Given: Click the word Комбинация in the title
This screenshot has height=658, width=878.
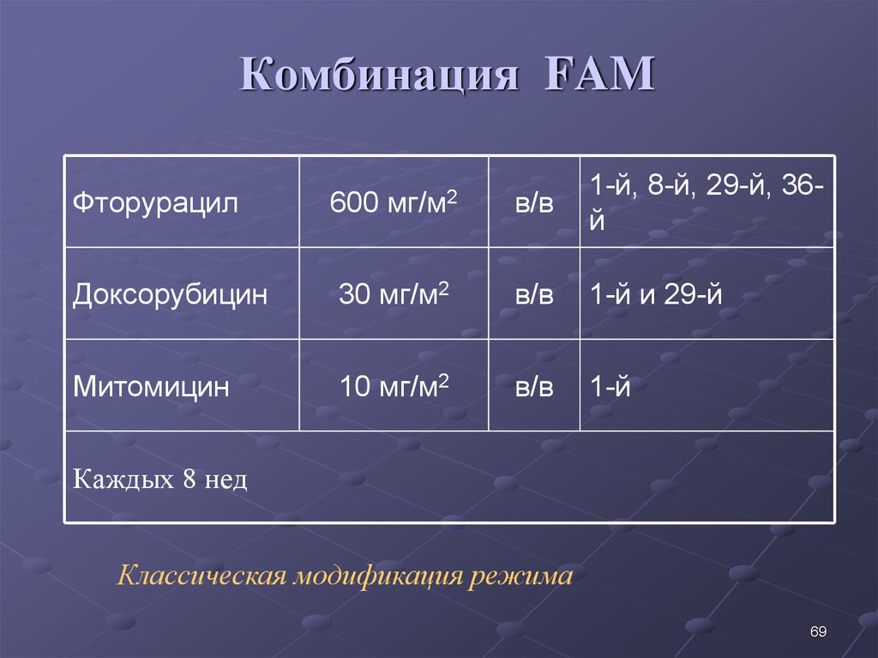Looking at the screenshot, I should (x=379, y=75).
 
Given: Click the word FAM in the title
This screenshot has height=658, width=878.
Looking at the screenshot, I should (x=599, y=75).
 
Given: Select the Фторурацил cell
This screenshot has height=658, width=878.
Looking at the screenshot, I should (x=154, y=203).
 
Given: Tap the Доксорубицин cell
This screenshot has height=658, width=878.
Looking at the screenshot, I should (x=170, y=295).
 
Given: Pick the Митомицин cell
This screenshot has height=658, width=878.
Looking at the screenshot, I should (x=151, y=387).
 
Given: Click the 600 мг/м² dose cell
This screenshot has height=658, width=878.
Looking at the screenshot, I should (x=394, y=202).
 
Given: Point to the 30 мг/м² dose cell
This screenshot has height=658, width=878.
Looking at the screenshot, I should (x=394, y=294).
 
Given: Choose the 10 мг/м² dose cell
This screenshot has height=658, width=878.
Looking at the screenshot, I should (x=394, y=386).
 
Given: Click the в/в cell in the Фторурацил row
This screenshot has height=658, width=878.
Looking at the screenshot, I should (x=534, y=203).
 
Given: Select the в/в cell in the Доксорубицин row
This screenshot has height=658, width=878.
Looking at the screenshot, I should (x=534, y=295).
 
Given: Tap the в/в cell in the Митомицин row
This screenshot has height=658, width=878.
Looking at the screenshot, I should (x=534, y=387).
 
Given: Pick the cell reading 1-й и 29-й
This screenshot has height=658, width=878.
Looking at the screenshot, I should (x=655, y=295).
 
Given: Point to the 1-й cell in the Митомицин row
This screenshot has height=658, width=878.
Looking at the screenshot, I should (x=610, y=387).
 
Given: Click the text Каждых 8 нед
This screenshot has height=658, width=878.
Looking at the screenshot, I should (x=160, y=480).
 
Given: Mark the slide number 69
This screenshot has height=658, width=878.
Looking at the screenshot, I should (x=817, y=632).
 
